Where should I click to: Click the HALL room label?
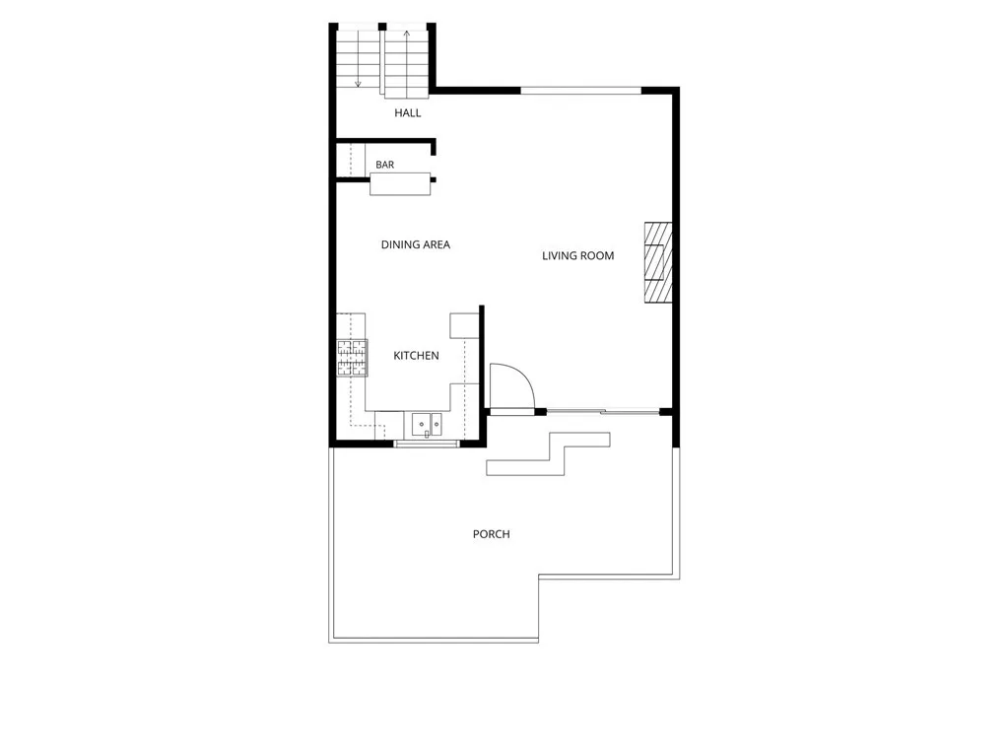pyautogui.click(x=408, y=113)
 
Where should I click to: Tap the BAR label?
pyautogui.click(x=385, y=166)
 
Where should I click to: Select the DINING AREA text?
pyautogui.click(x=415, y=244)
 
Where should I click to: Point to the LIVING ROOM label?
pyautogui.click(x=578, y=256)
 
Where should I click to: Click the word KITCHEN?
pyautogui.click(x=416, y=356)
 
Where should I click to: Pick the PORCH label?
pyautogui.click(x=491, y=534)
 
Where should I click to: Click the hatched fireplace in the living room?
pyautogui.click(x=658, y=262)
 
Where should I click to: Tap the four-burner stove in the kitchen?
pyautogui.click(x=353, y=358)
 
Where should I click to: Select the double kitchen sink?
pyautogui.click(x=427, y=424)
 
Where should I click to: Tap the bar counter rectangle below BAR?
pyautogui.click(x=400, y=184)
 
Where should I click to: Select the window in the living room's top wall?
pyautogui.click(x=581, y=91)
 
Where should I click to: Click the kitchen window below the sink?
pyautogui.click(x=427, y=443)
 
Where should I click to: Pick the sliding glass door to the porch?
pyautogui.click(x=603, y=411)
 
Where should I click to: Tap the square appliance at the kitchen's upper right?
pyautogui.click(x=464, y=325)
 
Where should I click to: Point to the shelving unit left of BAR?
pyautogui.click(x=351, y=160)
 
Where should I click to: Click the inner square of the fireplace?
pyautogui.click(x=655, y=262)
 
